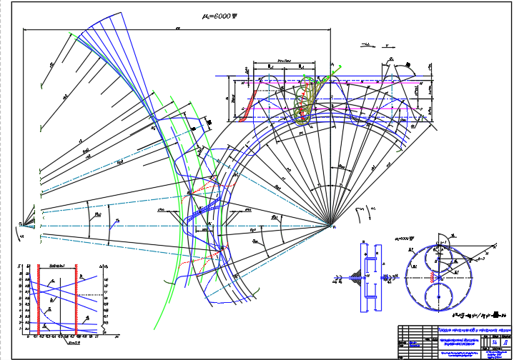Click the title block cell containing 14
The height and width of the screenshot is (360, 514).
coord(495,342)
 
